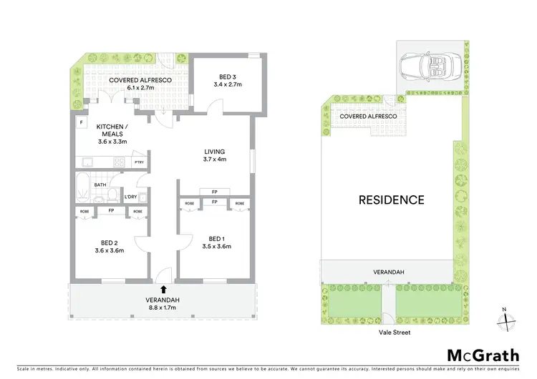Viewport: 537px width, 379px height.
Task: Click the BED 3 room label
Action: coord(223,80)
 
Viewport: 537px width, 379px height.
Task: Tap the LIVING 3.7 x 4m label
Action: coord(215,155)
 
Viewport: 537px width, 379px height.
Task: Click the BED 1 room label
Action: coord(215,242)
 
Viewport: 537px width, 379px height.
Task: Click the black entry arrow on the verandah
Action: coord(164,290)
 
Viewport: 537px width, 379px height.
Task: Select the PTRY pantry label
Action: coord(139,163)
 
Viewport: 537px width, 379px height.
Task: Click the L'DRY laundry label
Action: coord(130,197)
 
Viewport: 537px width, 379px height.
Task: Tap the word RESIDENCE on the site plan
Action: coord(391,200)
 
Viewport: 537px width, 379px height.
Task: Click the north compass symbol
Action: coord(506,320)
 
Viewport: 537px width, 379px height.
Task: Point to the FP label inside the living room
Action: coord(215,192)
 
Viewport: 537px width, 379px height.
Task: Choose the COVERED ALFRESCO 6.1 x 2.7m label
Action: coord(140,84)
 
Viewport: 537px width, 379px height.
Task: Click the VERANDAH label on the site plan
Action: coord(386,272)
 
